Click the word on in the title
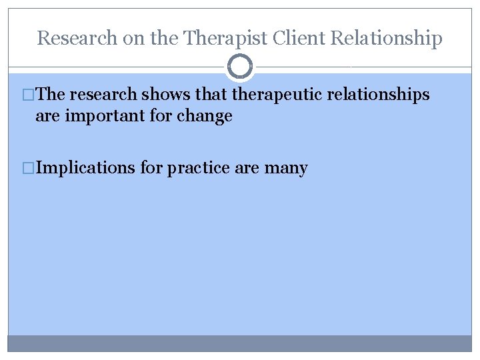(131, 39)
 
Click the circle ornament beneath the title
(240, 67)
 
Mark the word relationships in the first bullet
(378, 95)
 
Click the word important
(108, 116)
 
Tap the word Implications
(85, 168)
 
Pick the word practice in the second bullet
(199, 168)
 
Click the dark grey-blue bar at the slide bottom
(240, 343)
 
